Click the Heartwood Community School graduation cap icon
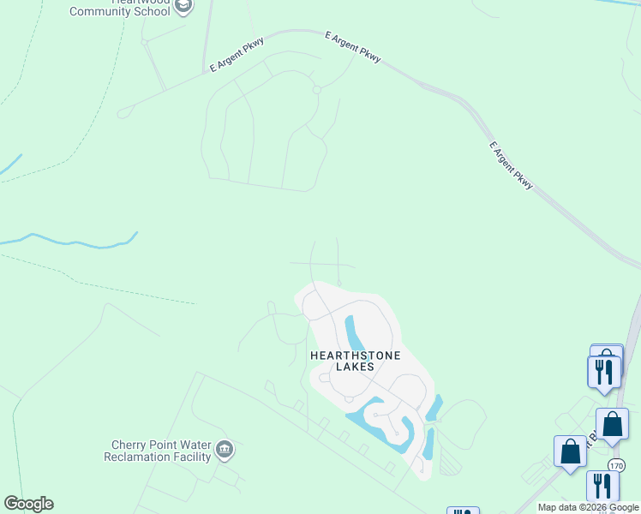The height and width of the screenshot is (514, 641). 183,6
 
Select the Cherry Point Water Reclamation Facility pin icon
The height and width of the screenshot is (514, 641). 225,448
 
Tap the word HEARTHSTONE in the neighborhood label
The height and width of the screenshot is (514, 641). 355,354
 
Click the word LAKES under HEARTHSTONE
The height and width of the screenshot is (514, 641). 355,367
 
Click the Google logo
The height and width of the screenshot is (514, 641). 28,504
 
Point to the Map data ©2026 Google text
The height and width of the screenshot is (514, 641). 589,507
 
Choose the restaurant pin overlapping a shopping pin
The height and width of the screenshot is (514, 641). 603,372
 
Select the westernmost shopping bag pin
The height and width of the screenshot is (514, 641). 570,451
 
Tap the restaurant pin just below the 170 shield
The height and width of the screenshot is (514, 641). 602,486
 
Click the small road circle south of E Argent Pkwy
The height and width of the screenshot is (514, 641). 316,90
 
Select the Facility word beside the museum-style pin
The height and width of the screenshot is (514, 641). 189,457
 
